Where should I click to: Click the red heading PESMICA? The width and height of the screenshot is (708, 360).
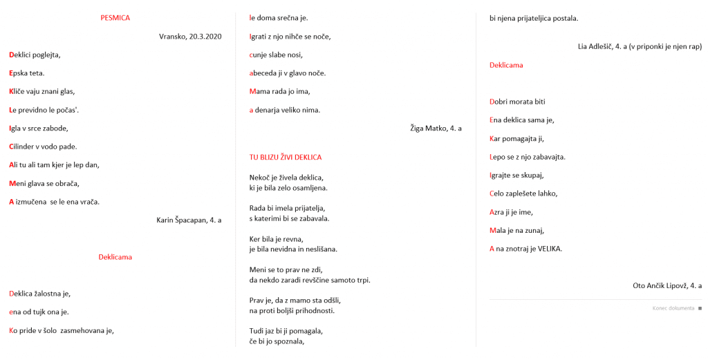(x=115, y=18)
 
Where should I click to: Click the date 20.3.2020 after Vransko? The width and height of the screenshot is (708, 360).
(x=205, y=36)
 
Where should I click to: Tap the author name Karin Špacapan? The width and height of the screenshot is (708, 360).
(x=178, y=220)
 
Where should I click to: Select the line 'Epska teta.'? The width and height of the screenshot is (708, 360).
(x=27, y=73)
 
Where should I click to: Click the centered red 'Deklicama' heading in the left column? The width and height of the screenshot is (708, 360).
(x=115, y=257)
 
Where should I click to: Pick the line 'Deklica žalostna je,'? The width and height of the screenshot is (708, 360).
(x=40, y=294)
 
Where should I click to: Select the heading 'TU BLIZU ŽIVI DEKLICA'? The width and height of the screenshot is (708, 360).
(x=286, y=158)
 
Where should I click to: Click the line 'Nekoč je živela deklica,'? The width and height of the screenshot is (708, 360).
(x=286, y=178)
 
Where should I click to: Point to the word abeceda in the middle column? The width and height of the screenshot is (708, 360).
(x=265, y=73)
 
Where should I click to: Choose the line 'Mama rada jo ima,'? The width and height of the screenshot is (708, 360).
(x=280, y=91)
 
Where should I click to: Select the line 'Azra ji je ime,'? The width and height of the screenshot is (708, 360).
(x=511, y=212)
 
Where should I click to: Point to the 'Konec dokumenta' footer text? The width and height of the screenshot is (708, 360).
(x=673, y=308)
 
